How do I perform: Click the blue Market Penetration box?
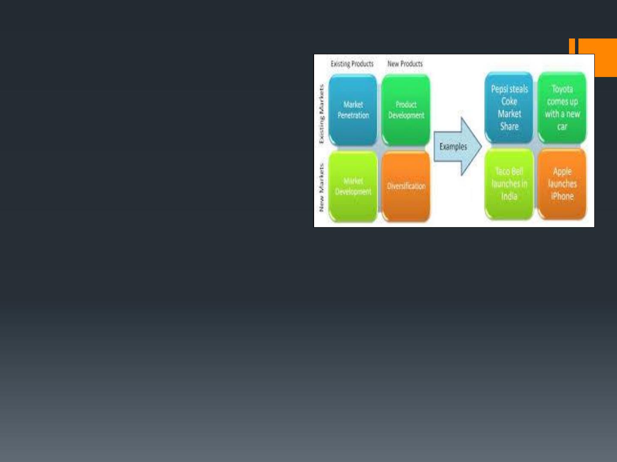point(353,110)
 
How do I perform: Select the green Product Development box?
point(406,110)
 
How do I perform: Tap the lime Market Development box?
point(353,186)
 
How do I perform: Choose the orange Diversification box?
point(406,186)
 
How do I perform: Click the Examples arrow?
point(458,146)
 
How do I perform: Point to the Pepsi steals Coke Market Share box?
point(509,107)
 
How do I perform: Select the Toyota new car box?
point(562,107)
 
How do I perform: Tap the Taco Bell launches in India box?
point(509,184)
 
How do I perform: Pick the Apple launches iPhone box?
point(562,184)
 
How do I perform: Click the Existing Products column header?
point(352,64)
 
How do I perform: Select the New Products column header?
point(405,64)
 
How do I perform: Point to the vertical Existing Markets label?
point(321,114)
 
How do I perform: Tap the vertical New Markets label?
point(321,187)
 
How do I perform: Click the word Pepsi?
point(499,89)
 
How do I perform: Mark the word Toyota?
point(562,89)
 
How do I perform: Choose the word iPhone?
point(562,196)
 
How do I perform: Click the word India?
point(509,196)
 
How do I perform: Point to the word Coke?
point(509,101)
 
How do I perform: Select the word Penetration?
point(353,115)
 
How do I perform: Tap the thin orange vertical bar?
point(572,46)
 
